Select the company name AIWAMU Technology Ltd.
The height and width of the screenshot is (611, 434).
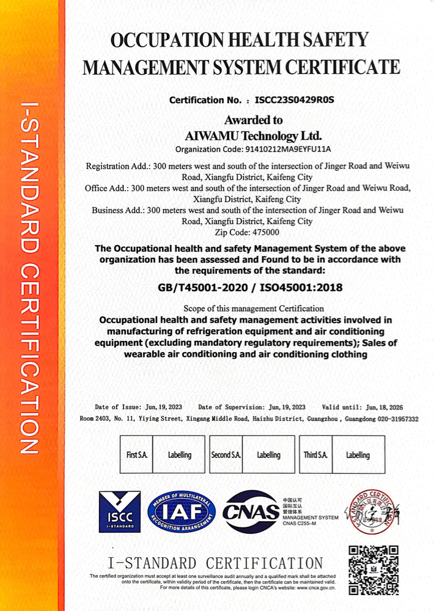click(253, 135)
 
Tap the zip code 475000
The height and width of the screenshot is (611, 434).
click(265, 232)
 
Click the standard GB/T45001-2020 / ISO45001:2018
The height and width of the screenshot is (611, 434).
click(250, 287)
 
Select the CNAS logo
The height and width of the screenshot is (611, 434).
click(251, 512)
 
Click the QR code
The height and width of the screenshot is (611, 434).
click(373, 569)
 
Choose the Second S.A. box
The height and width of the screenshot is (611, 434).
click(226, 455)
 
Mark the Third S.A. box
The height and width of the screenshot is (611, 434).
click(315, 455)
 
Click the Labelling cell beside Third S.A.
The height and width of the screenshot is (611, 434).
click(358, 455)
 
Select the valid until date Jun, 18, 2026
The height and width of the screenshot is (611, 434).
click(379, 407)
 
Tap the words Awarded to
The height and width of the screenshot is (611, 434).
click(253, 120)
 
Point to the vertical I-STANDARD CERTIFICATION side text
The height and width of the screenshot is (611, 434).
click(29, 278)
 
